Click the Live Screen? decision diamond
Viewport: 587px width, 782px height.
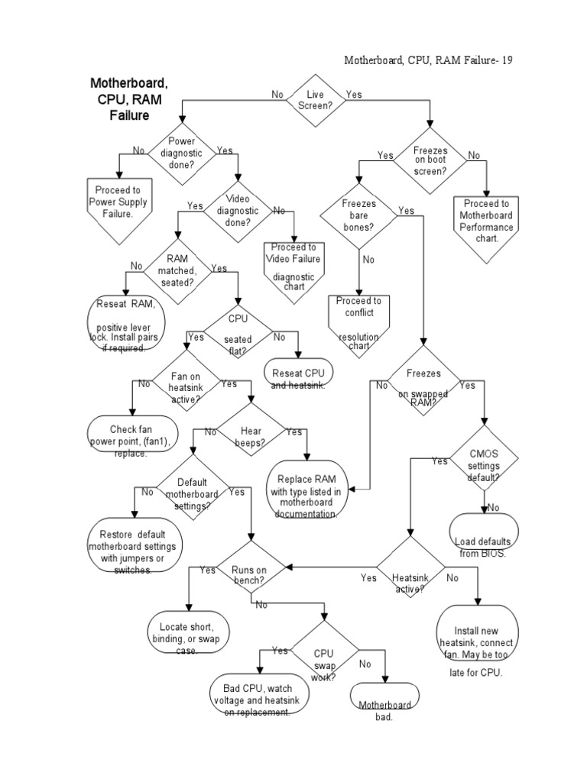point(315,100)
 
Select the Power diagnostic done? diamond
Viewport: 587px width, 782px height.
point(181,153)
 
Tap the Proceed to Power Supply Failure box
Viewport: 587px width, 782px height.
point(118,207)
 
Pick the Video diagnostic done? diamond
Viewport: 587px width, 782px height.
point(238,211)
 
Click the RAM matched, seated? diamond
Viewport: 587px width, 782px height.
point(177,270)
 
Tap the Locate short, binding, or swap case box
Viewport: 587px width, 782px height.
point(187,632)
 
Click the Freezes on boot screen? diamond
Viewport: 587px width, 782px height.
point(430,161)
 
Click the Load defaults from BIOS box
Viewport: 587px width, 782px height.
point(485,536)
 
